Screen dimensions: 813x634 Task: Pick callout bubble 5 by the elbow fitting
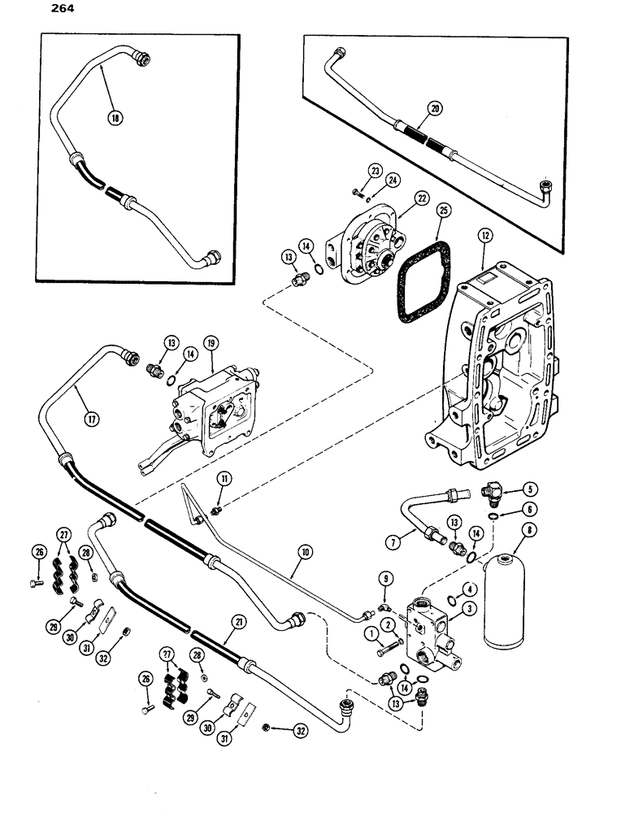509,490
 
